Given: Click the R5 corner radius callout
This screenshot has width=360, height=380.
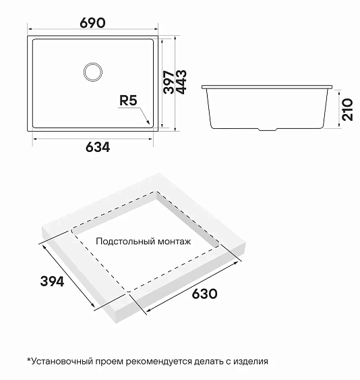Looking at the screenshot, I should click(x=127, y=101).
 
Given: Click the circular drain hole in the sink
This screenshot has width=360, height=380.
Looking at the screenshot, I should click(x=92, y=72).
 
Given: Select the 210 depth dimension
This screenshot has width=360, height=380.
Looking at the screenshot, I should click(x=348, y=107).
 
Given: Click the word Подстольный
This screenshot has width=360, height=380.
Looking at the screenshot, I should click(x=123, y=241).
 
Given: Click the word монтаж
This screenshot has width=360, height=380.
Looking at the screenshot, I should click(x=173, y=241).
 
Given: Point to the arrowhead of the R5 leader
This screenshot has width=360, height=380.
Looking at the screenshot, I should click(x=148, y=124).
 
